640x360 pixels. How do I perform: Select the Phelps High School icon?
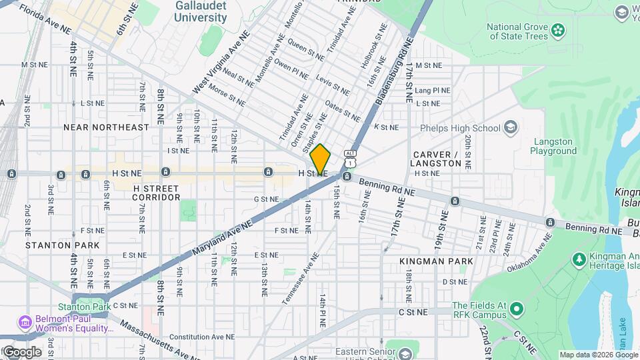point(511,128)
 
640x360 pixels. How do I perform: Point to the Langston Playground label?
point(553,146)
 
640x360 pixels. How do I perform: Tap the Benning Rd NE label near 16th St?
point(387,186)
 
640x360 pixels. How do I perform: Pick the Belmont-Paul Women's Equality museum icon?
point(25,322)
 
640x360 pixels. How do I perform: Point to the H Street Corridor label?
point(156,192)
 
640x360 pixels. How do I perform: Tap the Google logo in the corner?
point(21,351)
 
